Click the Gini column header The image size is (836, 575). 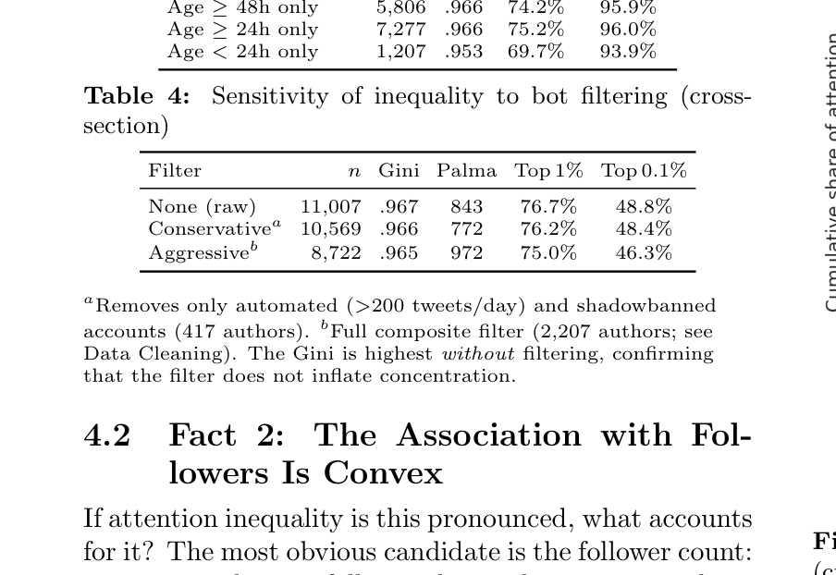coord(399,171)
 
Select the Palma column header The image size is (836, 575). coord(466,171)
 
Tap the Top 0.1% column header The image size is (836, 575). coord(644,171)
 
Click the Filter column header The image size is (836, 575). coord(175,171)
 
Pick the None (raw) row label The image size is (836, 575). coord(202,207)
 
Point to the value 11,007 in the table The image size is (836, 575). coord(330,207)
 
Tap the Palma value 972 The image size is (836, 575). coord(467,252)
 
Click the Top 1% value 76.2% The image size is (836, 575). coord(548,229)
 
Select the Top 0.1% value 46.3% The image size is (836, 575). coord(644,252)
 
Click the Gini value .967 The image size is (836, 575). coord(399,207)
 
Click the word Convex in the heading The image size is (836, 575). coord(383,473)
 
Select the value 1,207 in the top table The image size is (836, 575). coord(400,52)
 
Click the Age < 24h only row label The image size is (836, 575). coord(242,52)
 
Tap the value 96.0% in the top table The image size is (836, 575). coord(627,30)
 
